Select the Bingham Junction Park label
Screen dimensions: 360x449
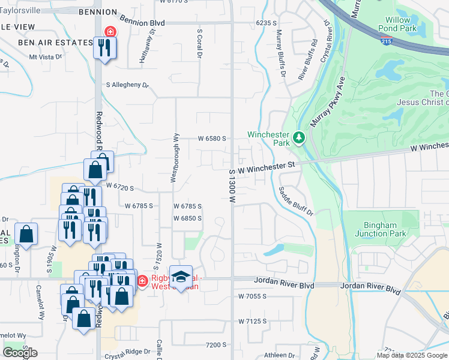380,229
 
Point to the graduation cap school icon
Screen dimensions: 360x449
181,276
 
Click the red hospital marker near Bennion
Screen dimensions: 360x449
110,31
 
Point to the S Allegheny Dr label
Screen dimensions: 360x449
127,85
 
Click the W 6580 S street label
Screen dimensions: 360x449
212,139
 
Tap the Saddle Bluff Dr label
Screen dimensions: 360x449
296,201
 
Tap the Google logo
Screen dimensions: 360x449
20,353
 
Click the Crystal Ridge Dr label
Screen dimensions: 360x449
125,352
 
